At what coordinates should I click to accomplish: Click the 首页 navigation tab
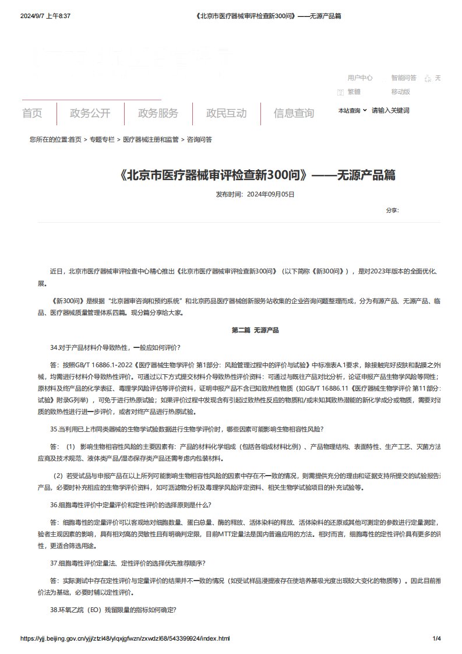[32, 113]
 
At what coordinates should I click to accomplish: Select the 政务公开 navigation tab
[90, 113]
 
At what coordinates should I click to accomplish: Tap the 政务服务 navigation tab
[158, 113]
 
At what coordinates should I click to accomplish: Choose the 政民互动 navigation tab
[226, 113]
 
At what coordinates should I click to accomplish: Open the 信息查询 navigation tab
[294, 113]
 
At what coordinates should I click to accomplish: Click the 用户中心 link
[360, 78]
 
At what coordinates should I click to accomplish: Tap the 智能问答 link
[404, 78]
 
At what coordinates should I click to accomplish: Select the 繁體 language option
[354, 92]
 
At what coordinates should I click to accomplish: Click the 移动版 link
[401, 92]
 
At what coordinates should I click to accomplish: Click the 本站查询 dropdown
[352, 110]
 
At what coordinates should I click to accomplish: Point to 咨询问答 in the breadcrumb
[199, 140]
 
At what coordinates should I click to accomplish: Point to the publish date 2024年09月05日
[270, 194]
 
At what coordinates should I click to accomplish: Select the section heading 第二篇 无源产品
[255, 330]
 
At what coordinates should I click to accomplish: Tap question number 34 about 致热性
[115, 347]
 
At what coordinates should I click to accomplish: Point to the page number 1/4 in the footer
[436, 639]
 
